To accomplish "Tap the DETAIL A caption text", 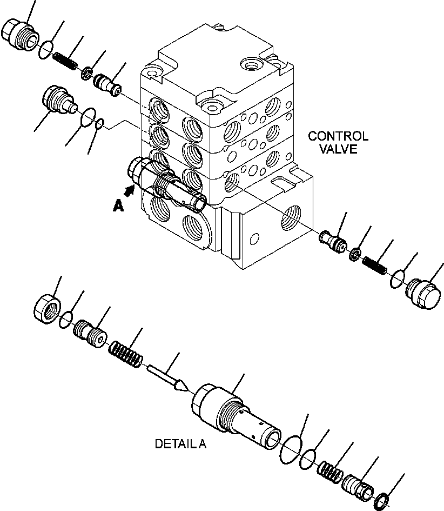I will (180, 444).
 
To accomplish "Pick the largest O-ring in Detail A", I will (292, 450).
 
